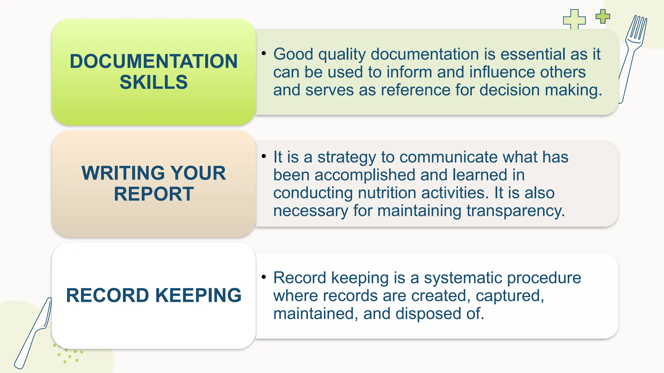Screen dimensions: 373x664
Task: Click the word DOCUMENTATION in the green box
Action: (154, 61)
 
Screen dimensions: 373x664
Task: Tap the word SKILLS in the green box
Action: (154, 82)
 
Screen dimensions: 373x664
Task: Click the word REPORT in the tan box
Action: (154, 194)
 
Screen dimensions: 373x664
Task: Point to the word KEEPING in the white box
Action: (198, 295)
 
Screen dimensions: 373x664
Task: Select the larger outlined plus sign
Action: (574, 19)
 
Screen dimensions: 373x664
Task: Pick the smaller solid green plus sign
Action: (603, 16)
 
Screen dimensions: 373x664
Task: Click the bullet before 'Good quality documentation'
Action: (264, 52)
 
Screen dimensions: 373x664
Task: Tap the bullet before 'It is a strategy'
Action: (264, 156)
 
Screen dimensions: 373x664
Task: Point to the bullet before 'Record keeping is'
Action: (264, 277)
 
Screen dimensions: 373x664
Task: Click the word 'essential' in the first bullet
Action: (533, 54)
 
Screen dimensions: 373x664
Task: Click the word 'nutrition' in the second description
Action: (387, 193)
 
